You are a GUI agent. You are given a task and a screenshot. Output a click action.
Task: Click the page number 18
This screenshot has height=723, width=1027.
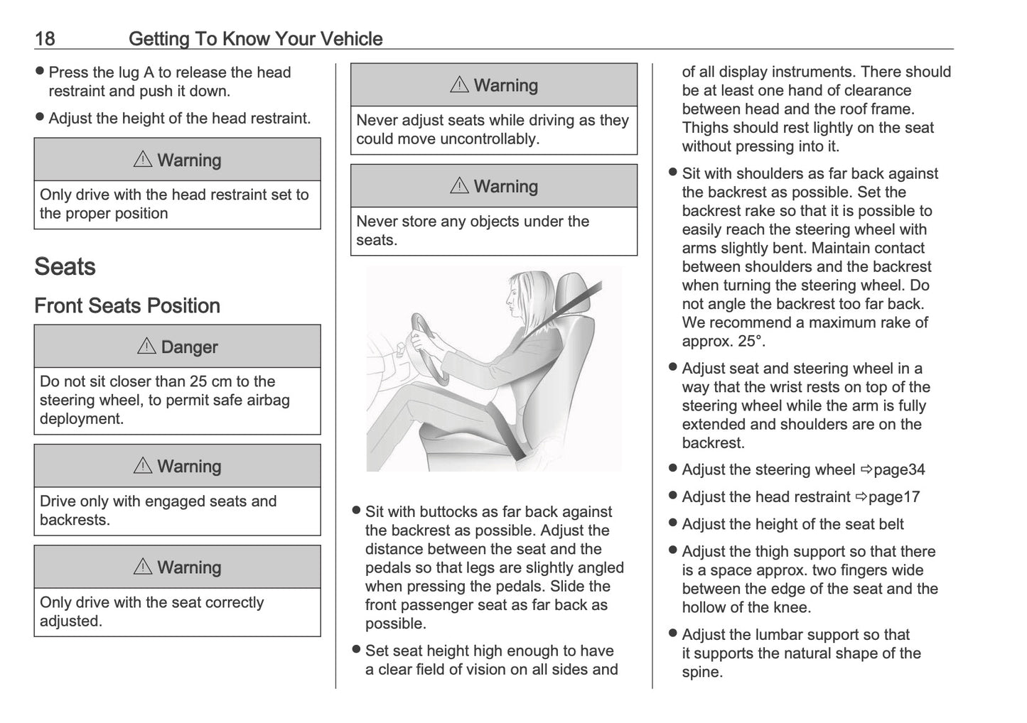click(x=45, y=38)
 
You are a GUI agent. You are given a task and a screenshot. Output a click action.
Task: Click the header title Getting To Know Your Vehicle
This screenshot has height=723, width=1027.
click(x=255, y=38)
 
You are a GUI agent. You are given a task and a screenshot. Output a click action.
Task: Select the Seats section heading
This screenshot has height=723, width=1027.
click(x=65, y=267)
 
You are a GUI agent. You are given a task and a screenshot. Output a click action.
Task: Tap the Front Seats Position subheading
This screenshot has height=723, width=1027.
click(x=127, y=306)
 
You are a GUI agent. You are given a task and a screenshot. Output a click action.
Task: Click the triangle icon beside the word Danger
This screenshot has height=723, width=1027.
click(x=146, y=347)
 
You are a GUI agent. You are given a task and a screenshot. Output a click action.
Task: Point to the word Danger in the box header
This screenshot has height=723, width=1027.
click(x=189, y=347)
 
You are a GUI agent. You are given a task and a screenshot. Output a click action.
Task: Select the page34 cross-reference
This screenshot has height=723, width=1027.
click(x=899, y=469)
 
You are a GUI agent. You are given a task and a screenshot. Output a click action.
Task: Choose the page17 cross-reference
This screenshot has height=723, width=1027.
click(x=894, y=497)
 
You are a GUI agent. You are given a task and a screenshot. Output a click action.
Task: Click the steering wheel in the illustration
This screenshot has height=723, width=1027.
click(x=426, y=347)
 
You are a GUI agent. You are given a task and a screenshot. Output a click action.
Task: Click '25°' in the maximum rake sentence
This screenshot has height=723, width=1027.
click(x=751, y=341)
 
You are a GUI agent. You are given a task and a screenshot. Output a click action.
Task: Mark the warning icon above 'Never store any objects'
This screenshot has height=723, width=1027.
click(x=459, y=186)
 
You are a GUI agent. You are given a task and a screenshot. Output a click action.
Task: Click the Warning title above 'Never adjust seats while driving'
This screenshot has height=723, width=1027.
click(x=505, y=86)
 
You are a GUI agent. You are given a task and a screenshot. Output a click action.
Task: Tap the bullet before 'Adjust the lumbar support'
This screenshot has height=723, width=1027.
click(x=673, y=634)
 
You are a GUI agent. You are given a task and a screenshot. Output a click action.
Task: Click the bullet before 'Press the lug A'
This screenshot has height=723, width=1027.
click(x=40, y=72)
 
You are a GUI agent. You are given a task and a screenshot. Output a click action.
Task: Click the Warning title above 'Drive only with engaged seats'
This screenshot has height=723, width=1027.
click(x=188, y=467)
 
